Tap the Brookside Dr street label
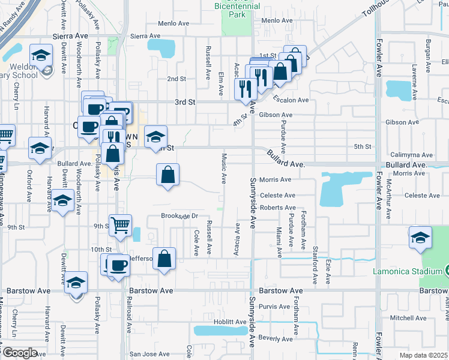179,216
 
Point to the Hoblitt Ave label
230,322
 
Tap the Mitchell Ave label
408,317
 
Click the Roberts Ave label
278,208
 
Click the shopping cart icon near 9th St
120,225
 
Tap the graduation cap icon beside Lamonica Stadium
420,237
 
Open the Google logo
20,353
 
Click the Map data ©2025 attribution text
423,355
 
